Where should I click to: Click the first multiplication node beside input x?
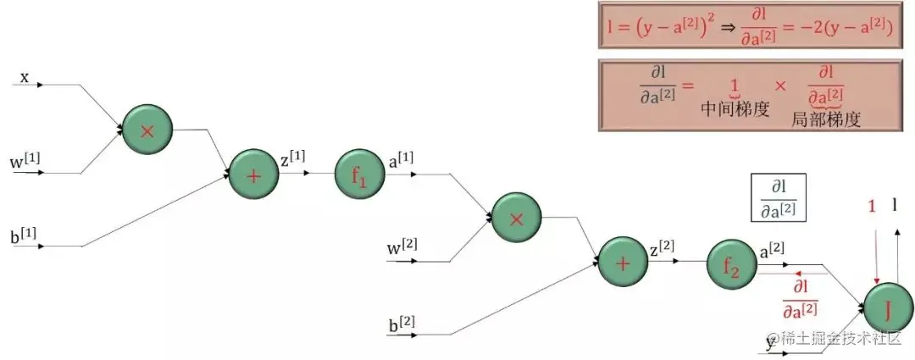click(147, 130)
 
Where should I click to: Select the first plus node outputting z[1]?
click(254, 174)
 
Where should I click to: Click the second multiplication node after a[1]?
click(517, 219)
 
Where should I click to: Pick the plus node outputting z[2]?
click(624, 262)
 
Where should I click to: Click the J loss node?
click(888, 309)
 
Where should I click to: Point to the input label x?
click(25, 77)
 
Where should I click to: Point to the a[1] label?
click(400, 160)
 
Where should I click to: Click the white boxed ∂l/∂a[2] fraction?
click(779, 199)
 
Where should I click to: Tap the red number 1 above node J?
click(872, 206)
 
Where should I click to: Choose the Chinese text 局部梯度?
click(825, 119)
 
